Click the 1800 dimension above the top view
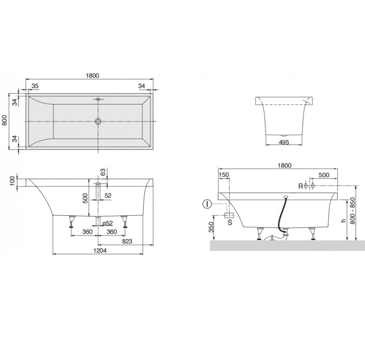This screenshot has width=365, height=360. (x=93, y=76)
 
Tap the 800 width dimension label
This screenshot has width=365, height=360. (x=5, y=120)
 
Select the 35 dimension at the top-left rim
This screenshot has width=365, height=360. (x=35, y=86)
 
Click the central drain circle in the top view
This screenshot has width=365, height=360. (x=98, y=121)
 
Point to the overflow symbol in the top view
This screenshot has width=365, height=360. (x=98, y=99)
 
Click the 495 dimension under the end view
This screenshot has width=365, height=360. (x=284, y=142)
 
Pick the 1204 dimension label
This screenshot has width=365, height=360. (x=100, y=250)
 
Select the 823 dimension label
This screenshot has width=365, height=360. (x=127, y=241)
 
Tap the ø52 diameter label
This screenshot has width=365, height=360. (x=108, y=223)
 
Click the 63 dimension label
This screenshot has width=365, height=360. (x=103, y=172)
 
